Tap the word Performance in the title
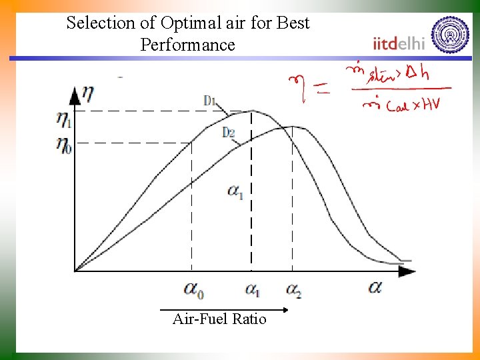(x=188, y=45)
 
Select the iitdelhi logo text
(x=399, y=43)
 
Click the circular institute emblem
(x=451, y=34)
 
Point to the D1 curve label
(x=210, y=101)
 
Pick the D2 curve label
(x=228, y=132)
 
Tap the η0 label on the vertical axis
(x=63, y=144)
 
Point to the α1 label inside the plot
(x=235, y=191)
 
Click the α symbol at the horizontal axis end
(x=375, y=287)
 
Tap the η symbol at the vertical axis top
(x=87, y=93)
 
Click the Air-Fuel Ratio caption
(x=219, y=319)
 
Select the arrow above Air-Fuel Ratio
(x=224, y=309)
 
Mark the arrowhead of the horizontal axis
(x=408, y=271)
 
